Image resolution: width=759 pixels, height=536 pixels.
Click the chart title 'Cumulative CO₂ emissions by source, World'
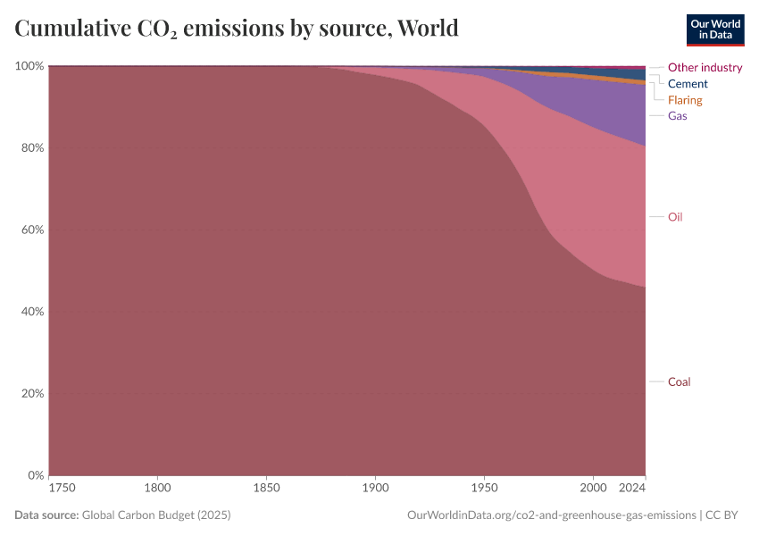(x=237, y=29)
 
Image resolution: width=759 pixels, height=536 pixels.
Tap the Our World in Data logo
(x=714, y=29)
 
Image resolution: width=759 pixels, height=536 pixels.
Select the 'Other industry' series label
(x=705, y=67)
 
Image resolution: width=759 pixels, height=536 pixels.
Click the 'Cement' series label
(x=688, y=84)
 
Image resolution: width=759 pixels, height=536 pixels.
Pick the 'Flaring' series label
(x=685, y=100)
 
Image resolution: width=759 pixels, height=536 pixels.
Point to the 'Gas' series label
(x=677, y=116)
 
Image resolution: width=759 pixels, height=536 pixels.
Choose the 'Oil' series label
(x=675, y=217)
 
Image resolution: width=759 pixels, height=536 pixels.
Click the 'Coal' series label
(x=679, y=381)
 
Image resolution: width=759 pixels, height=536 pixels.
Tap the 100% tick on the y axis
(x=29, y=66)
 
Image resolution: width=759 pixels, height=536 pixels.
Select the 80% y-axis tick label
(x=32, y=148)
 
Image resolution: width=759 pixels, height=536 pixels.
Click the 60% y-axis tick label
(x=32, y=230)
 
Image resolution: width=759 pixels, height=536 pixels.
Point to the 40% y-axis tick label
(x=32, y=312)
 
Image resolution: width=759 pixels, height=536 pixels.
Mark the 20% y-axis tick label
(x=32, y=394)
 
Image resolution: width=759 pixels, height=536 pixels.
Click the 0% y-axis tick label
(x=36, y=475)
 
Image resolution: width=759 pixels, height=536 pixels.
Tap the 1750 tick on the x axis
(x=63, y=489)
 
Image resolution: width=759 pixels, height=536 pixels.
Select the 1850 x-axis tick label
(x=266, y=489)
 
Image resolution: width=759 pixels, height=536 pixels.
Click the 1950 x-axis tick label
(x=484, y=489)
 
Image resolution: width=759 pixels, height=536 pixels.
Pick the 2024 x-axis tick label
(x=632, y=489)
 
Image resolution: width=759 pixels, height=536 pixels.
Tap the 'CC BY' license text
(x=725, y=515)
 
